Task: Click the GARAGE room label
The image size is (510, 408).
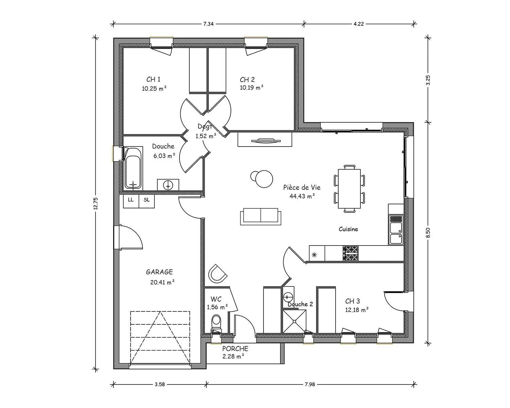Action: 159,272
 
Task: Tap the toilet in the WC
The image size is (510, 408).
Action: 216,323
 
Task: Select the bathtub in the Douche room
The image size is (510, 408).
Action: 133,169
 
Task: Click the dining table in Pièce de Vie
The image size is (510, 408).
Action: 349,188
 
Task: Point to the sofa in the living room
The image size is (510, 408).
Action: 261,217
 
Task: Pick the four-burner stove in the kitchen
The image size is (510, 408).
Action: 350,253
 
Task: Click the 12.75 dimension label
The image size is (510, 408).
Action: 96,203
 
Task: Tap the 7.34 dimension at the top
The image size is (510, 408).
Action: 208,24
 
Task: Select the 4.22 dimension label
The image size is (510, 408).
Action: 359,24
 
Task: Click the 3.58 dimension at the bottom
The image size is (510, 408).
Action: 160,384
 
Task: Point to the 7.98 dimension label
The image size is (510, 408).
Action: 310,384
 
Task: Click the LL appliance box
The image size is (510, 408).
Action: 131,201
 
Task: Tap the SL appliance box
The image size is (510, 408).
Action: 147,201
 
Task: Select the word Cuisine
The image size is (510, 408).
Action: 348,229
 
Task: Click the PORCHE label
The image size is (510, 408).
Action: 235,348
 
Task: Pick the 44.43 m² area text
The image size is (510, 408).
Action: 302,196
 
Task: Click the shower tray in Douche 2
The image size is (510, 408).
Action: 294,321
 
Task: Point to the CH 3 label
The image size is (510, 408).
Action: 352,301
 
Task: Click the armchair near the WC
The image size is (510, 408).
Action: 217,274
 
